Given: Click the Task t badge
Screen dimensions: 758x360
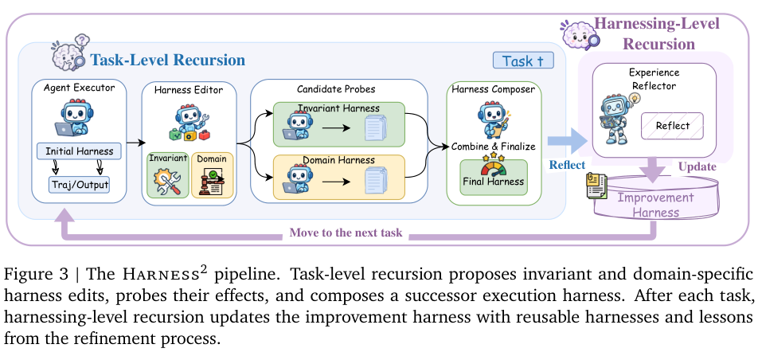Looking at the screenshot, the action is tap(523, 61).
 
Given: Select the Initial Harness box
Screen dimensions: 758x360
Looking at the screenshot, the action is tap(80, 151).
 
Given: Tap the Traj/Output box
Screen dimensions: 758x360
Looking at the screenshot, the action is tap(80, 184).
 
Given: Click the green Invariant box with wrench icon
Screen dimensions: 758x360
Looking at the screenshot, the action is tap(168, 174).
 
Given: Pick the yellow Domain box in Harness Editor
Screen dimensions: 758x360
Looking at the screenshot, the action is tap(213, 174).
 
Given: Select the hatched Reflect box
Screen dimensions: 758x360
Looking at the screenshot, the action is tap(673, 126).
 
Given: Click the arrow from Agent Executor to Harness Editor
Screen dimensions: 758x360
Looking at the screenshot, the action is tap(136, 143).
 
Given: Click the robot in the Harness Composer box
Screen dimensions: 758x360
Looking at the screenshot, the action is tap(491, 120).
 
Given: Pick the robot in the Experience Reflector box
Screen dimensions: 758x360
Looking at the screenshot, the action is tap(615, 119).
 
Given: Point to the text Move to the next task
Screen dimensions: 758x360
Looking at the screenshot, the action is tap(346, 233).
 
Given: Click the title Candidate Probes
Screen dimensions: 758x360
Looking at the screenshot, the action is tap(336, 89).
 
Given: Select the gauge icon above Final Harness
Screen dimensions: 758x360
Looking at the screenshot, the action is tap(493, 164).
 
